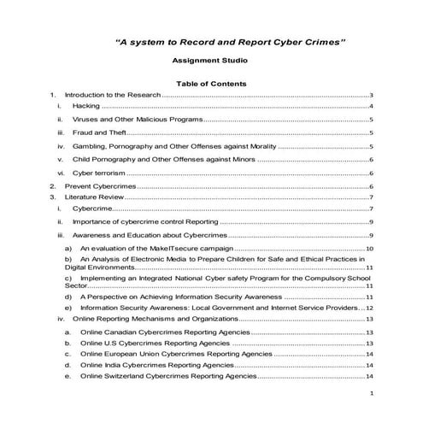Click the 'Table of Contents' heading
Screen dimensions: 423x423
211,84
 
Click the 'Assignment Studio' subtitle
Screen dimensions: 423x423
211,62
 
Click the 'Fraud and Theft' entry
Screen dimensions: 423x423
98,133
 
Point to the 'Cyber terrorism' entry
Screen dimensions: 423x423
99,173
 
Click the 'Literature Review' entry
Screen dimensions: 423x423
95,197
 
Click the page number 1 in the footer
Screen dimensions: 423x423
371,394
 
